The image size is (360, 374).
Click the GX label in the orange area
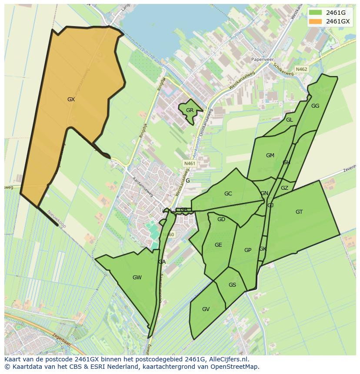71,99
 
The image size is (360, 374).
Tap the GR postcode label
190,110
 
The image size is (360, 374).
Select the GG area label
315,106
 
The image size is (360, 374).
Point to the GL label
289,120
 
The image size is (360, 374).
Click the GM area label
270,156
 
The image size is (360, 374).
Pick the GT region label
299,212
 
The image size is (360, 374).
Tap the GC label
228,194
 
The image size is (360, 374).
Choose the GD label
221,219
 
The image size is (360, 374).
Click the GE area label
218,245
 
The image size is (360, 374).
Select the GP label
248,250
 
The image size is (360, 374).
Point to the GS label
232,285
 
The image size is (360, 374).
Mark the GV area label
206,309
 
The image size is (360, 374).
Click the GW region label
137,278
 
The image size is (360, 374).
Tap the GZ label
284,188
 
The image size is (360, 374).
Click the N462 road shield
301,69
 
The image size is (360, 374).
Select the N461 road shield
190,163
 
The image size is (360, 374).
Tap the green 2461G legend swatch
316,12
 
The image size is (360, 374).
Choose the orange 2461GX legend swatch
316,21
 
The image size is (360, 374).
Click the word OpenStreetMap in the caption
234,366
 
